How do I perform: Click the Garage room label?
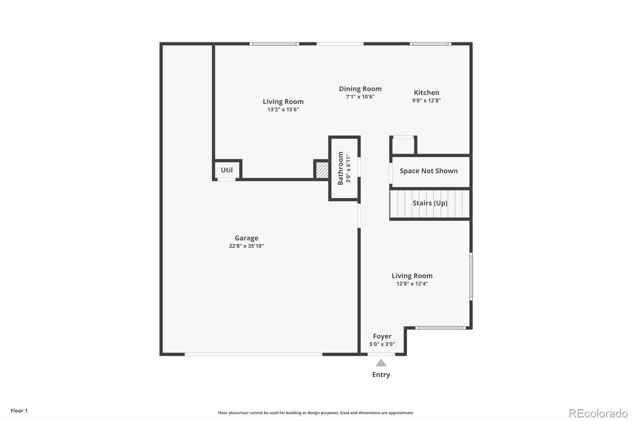tap(246, 238)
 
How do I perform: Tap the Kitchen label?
tap(426, 92)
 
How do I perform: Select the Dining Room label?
tap(360, 89)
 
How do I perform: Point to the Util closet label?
tap(227, 170)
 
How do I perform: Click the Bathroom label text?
tap(340, 168)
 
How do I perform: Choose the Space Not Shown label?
tap(429, 171)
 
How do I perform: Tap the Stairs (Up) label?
tap(430, 203)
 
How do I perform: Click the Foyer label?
tap(382, 336)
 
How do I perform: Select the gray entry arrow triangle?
tap(381, 363)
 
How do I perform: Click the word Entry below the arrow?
tap(381, 374)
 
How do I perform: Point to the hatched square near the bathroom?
tap(322, 169)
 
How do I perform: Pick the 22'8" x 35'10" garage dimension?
tap(246, 246)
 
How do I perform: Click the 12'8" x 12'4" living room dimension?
tap(412, 284)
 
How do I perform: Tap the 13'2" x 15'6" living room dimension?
tap(283, 109)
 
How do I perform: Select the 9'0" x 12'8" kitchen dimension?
tap(426, 100)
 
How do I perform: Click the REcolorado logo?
tap(598, 413)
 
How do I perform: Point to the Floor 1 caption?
tap(19, 411)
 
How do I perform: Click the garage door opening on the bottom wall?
tap(253, 354)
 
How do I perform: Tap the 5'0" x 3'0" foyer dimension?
tap(382, 344)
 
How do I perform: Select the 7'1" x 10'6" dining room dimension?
tap(360, 97)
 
